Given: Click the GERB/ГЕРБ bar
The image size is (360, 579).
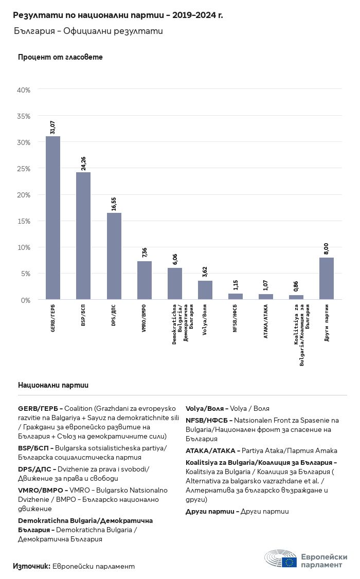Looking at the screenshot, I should [x=53, y=218].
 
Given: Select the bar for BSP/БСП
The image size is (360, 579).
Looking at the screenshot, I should [x=83, y=236].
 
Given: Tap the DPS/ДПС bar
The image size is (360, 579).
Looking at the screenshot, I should [x=114, y=256].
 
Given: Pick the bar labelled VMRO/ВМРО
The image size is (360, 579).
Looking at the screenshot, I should [x=145, y=280].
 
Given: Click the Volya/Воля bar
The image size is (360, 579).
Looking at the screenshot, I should [x=205, y=290].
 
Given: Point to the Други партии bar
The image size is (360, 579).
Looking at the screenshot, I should [x=327, y=278].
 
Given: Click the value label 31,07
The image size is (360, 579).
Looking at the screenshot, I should [x=52, y=127].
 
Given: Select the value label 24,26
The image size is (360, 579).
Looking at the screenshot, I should [x=83, y=163].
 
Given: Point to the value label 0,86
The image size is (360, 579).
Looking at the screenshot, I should [x=296, y=286].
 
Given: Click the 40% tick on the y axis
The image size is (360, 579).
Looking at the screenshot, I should [x=24, y=90].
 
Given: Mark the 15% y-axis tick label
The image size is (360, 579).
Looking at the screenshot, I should [x=24, y=221].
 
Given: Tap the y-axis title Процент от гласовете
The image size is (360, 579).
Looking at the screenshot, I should [x=60, y=57].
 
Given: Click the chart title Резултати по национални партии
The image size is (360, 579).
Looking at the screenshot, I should [x=118, y=15].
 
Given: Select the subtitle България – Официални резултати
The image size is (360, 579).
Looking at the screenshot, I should [x=88, y=31].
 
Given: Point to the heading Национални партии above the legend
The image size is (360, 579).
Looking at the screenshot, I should [x=53, y=385].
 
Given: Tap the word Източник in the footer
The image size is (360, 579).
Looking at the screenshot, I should [x=31, y=566].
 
